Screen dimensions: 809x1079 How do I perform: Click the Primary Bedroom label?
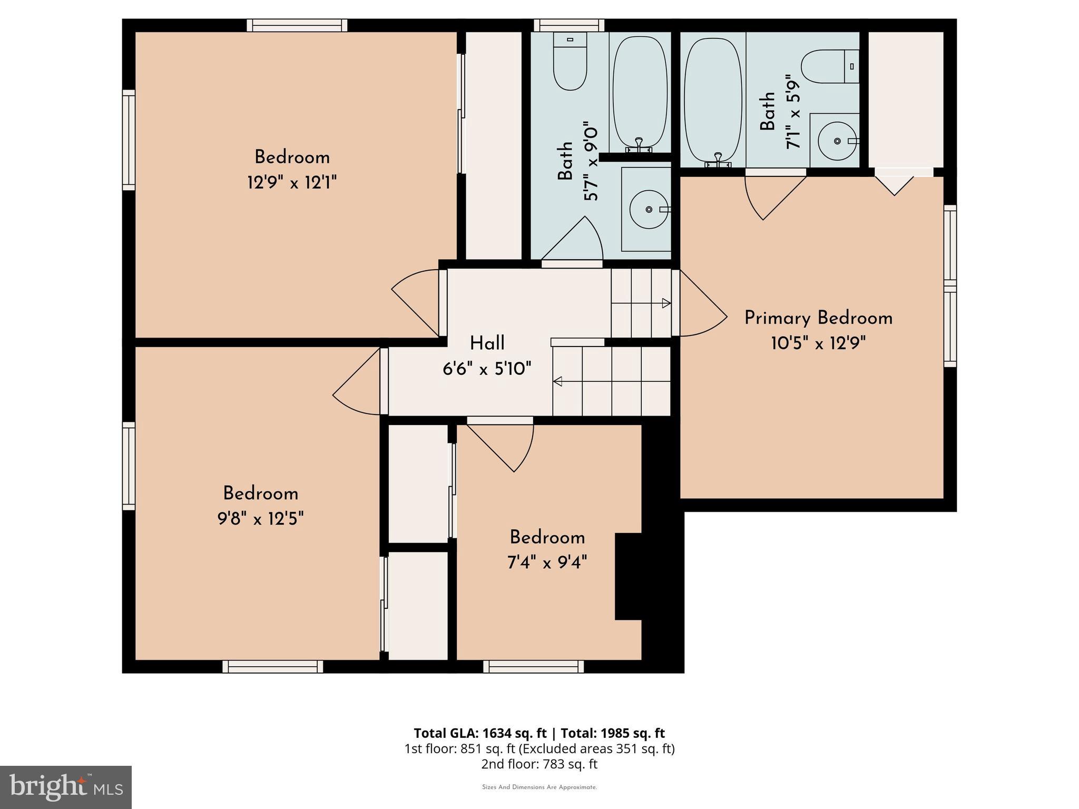coord(818,318)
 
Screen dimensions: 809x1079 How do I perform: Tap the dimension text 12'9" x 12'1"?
coord(291,183)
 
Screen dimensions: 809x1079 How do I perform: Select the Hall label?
coord(487,343)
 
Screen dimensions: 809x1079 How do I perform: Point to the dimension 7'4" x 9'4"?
coord(546,563)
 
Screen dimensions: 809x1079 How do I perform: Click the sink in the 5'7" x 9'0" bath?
coord(649,209)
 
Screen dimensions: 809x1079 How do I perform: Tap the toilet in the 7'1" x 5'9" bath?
coord(829,67)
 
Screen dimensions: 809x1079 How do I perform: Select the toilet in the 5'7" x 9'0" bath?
coord(570,62)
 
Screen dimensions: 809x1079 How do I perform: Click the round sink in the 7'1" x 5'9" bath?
coord(837,141)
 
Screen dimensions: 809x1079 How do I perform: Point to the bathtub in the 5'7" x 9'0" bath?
coord(640,91)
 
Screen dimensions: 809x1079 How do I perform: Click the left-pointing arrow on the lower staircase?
coord(557,381)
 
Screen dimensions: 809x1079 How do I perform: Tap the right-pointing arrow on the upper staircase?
coord(666,303)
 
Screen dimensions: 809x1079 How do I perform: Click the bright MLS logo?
coord(66,787)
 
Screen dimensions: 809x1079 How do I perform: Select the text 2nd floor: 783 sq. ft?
coord(539,764)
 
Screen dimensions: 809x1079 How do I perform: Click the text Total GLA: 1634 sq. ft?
coord(480,733)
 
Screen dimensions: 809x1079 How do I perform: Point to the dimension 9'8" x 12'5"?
coord(260,519)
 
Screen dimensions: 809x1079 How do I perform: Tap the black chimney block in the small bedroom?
coord(628,576)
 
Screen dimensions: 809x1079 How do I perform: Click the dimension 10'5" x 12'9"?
coord(818,343)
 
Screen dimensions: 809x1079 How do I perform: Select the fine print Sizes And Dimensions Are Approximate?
coord(539,787)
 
